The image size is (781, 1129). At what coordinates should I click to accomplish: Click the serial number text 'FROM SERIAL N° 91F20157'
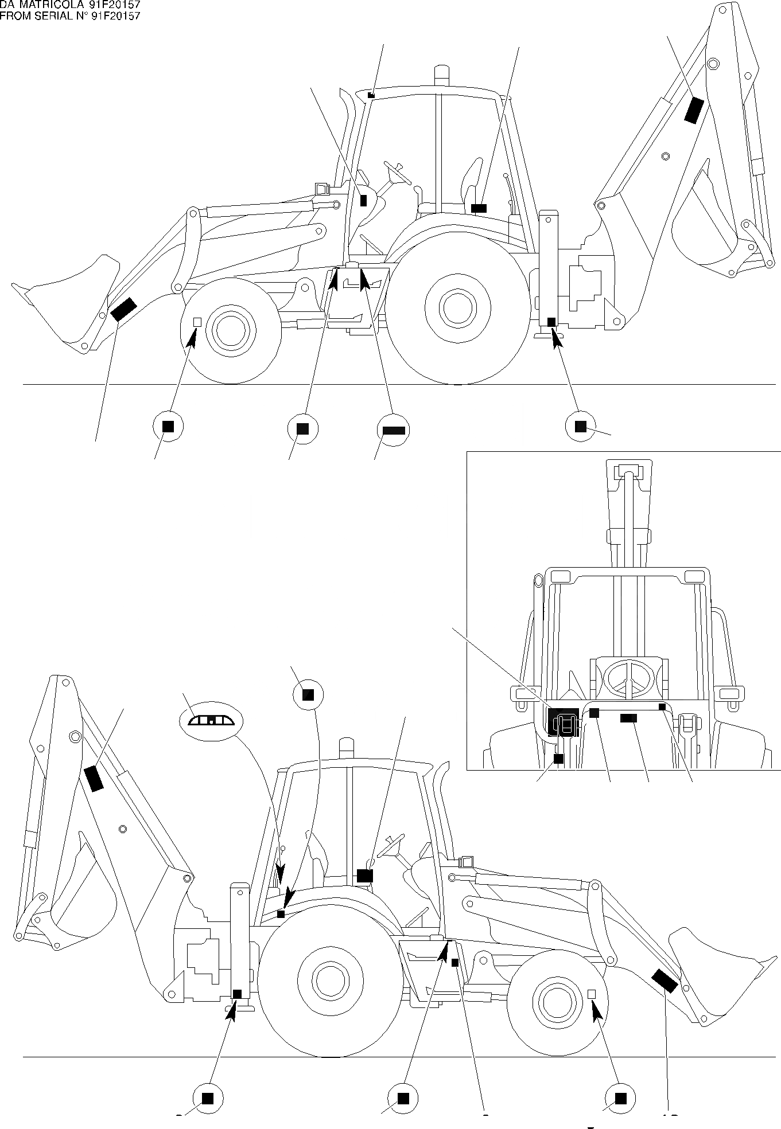(70, 16)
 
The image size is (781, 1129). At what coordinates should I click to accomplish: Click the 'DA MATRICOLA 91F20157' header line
(70, 5)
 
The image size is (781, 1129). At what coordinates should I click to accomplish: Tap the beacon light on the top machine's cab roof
(441, 75)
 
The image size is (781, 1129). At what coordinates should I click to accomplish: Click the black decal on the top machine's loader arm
(123, 309)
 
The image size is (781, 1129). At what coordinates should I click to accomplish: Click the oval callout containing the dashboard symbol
(212, 721)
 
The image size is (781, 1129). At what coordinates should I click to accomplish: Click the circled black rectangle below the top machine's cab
(393, 429)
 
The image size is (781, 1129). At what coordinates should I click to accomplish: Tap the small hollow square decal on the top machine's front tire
(197, 322)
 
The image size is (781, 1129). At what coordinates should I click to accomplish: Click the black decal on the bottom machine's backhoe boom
(94, 778)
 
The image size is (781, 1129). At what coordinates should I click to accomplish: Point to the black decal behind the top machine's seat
(479, 208)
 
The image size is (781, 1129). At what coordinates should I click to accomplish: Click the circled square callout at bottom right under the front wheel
(620, 1098)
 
